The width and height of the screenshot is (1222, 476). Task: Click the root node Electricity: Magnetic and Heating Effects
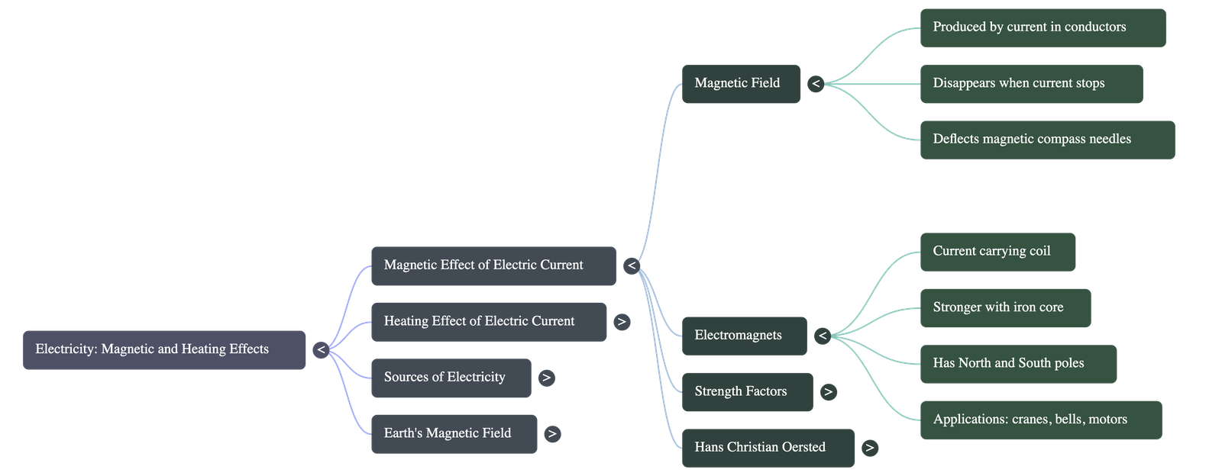[x=164, y=349]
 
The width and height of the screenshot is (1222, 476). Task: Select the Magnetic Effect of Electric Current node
[x=493, y=265]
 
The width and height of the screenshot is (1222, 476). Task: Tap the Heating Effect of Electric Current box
[x=489, y=321]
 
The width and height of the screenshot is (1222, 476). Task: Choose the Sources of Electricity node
[x=451, y=377]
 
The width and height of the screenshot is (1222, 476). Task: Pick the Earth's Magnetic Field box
[x=454, y=433]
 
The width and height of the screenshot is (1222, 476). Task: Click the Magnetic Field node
[x=740, y=83]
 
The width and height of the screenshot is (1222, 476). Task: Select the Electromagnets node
[x=743, y=335]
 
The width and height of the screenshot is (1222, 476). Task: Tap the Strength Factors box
[x=746, y=391]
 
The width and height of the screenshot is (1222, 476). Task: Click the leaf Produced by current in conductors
[x=1043, y=27]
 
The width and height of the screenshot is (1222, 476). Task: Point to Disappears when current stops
[x=1031, y=83]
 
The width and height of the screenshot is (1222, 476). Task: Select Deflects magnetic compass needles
[x=1046, y=139]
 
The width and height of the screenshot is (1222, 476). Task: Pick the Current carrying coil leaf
[x=997, y=251]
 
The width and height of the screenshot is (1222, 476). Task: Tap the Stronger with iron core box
[x=1005, y=307]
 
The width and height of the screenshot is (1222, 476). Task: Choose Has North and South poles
[x=1018, y=363]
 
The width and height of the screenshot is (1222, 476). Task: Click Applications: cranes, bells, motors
[x=1040, y=419]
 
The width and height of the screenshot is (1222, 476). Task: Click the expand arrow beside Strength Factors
[x=828, y=392]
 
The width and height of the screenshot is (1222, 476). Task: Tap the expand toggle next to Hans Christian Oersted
[x=869, y=448]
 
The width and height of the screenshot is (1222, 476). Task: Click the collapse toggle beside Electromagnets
[x=822, y=336]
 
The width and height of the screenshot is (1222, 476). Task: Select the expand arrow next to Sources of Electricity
[x=546, y=378]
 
